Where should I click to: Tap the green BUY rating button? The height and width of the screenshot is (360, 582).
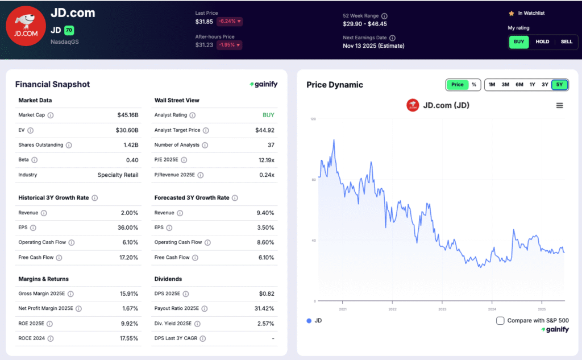pos(519,42)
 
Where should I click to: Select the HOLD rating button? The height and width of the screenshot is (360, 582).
pos(542,42)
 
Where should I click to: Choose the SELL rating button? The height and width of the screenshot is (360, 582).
pos(566,42)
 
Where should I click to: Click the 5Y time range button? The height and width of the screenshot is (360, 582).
pos(559,85)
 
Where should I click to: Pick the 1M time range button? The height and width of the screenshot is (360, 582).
pos(492,85)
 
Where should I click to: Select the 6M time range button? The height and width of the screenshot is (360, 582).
pos(519,85)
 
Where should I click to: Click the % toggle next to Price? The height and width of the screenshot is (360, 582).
pos(474,85)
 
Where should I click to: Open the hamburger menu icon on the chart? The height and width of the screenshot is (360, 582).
pos(559,105)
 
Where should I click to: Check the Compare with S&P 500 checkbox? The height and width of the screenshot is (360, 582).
pos(500,321)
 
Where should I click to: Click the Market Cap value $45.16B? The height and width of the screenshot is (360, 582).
pos(127,115)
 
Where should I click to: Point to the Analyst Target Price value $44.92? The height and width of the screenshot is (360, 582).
pos(264,130)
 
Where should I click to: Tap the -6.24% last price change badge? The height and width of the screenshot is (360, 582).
pos(229,22)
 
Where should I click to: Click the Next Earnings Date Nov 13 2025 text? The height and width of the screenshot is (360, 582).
pos(373,46)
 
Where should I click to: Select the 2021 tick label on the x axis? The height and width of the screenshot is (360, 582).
pos(343,309)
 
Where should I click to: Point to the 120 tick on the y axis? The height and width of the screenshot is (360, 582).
pos(313,119)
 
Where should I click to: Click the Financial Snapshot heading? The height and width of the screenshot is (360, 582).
pos(52,85)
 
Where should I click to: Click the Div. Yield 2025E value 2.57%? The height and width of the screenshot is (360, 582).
pos(265,324)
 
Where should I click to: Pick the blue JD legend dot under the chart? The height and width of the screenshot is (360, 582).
pos(309,321)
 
